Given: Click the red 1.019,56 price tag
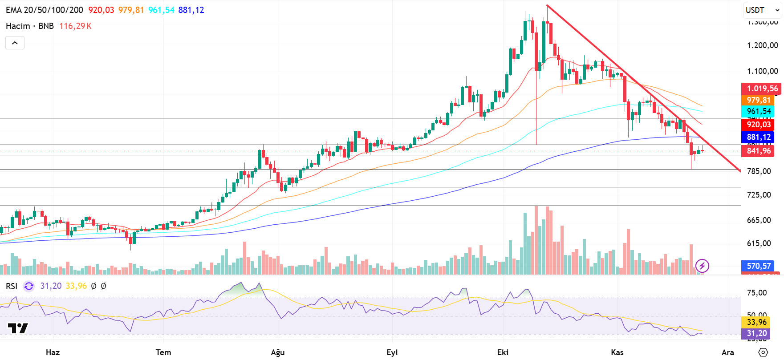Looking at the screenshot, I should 762,89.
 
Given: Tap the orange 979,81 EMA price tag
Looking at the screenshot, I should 758,100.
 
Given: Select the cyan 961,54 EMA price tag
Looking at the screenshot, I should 758,111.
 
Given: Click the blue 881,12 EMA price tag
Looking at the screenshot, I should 758,137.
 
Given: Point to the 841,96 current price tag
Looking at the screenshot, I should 758,151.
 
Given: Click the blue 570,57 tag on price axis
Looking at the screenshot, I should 758,266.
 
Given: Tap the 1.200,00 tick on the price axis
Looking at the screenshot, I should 762,45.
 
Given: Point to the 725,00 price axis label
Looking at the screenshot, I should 759,195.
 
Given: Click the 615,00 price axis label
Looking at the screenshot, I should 759,243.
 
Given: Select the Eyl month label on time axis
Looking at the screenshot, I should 392,352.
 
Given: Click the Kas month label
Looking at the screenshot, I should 617,352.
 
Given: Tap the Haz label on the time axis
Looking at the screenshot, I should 53,352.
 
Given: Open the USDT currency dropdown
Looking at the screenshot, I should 762,10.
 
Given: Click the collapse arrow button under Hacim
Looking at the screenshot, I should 15,43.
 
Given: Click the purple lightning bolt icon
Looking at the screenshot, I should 702,266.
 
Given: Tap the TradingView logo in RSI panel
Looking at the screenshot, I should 18,328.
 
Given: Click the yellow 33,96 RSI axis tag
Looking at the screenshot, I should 756,322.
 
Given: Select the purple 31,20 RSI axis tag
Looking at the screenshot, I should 756,333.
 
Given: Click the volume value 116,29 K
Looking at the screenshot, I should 75,26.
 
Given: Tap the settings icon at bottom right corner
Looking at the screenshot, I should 763,352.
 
